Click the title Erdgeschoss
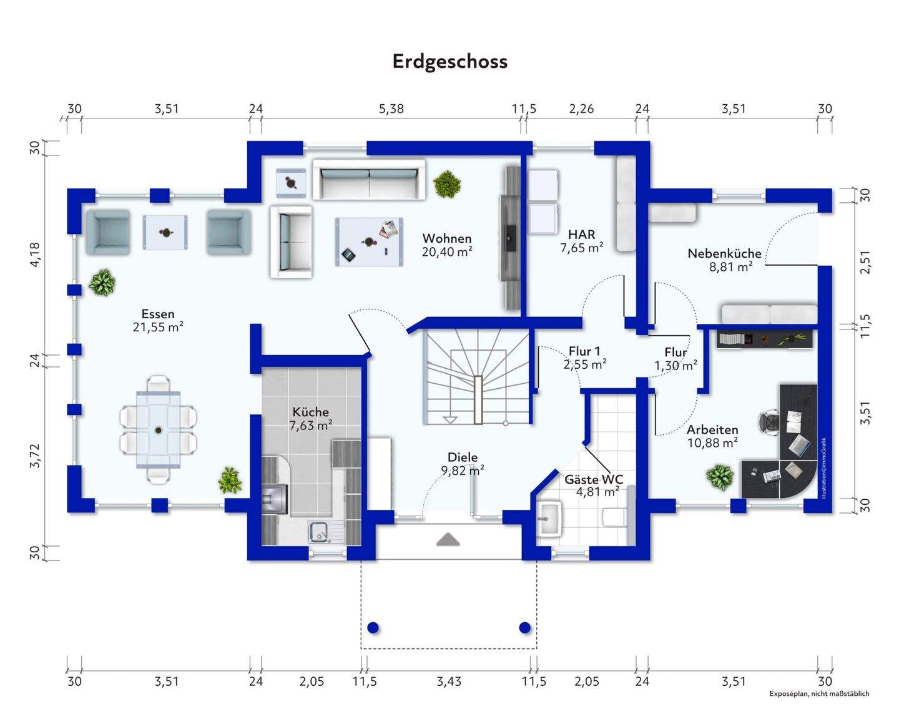[x=449, y=61]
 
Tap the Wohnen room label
[x=446, y=238]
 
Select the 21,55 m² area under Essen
[x=157, y=327]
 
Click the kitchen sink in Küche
[x=320, y=531]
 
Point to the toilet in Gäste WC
[x=614, y=517]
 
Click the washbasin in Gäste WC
[x=549, y=517]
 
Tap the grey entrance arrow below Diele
[x=448, y=539]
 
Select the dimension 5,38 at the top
[x=391, y=109]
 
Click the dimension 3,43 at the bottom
[x=449, y=681]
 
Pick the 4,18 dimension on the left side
[x=35, y=255]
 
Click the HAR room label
[x=581, y=235]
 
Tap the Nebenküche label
[x=724, y=253]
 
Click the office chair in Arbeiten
[x=769, y=421]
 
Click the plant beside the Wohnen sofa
[x=447, y=183]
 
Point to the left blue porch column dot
[x=373, y=627]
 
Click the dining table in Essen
[x=159, y=429]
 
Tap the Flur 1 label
[x=584, y=351]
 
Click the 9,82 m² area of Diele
[x=463, y=471]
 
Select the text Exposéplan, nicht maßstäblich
[x=818, y=693]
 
